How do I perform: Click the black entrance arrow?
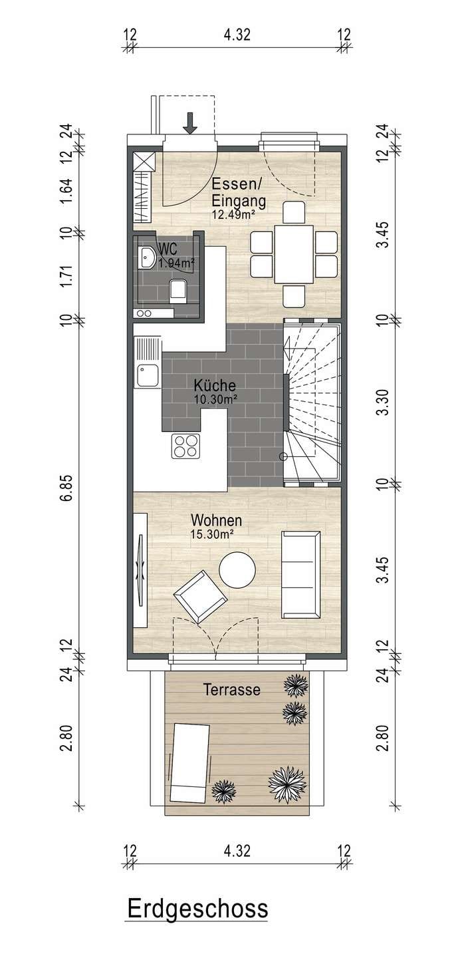(189, 123)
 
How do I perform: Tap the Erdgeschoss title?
(197, 897)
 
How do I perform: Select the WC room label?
(167, 249)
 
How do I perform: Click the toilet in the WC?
(177, 291)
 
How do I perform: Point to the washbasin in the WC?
(147, 258)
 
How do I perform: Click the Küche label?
(215, 385)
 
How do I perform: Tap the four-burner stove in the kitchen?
(185, 446)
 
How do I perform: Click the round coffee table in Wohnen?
(237, 569)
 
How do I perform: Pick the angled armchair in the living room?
(201, 597)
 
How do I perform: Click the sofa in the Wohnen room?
(300, 575)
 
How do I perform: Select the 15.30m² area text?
(213, 534)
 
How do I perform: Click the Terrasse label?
(231, 689)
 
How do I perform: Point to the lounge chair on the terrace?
(189, 756)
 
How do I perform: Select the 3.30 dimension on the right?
(384, 402)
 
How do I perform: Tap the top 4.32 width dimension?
(237, 34)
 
